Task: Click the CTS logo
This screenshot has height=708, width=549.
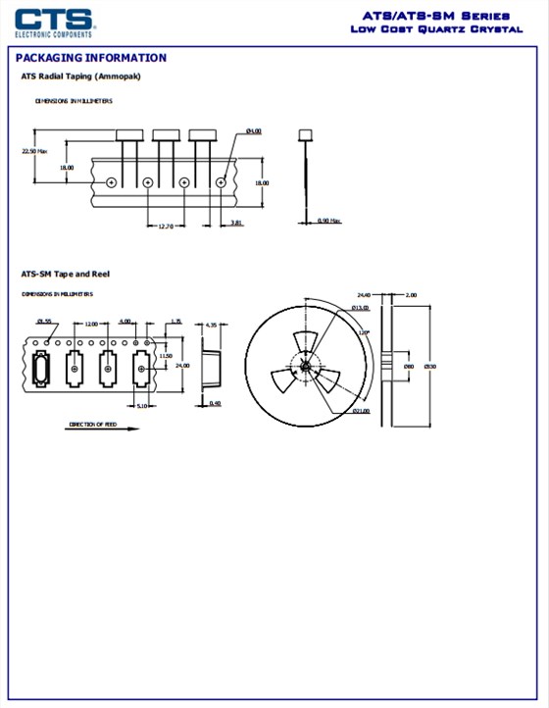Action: coord(54,22)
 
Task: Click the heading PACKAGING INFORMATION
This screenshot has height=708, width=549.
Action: coord(90,58)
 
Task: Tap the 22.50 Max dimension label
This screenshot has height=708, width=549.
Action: coord(34,151)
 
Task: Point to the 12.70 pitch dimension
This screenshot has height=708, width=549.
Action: coord(166,227)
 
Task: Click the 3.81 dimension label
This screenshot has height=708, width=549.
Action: coord(236,223)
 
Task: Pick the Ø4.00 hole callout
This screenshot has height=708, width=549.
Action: coord(253,130)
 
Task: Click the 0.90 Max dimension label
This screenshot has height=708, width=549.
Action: coord(328,221)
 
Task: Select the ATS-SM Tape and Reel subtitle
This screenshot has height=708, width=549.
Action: coord(66,274)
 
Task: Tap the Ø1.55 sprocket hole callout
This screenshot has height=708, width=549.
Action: coord(44,322)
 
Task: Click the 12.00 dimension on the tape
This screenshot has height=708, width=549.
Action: coord(90,322)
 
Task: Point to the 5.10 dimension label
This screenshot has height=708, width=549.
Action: coord(141,406)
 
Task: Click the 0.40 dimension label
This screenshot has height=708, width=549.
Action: coord(215,403)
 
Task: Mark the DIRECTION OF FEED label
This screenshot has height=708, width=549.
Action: coord(92,425)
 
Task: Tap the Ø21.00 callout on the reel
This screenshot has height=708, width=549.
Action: coord(361,411)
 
